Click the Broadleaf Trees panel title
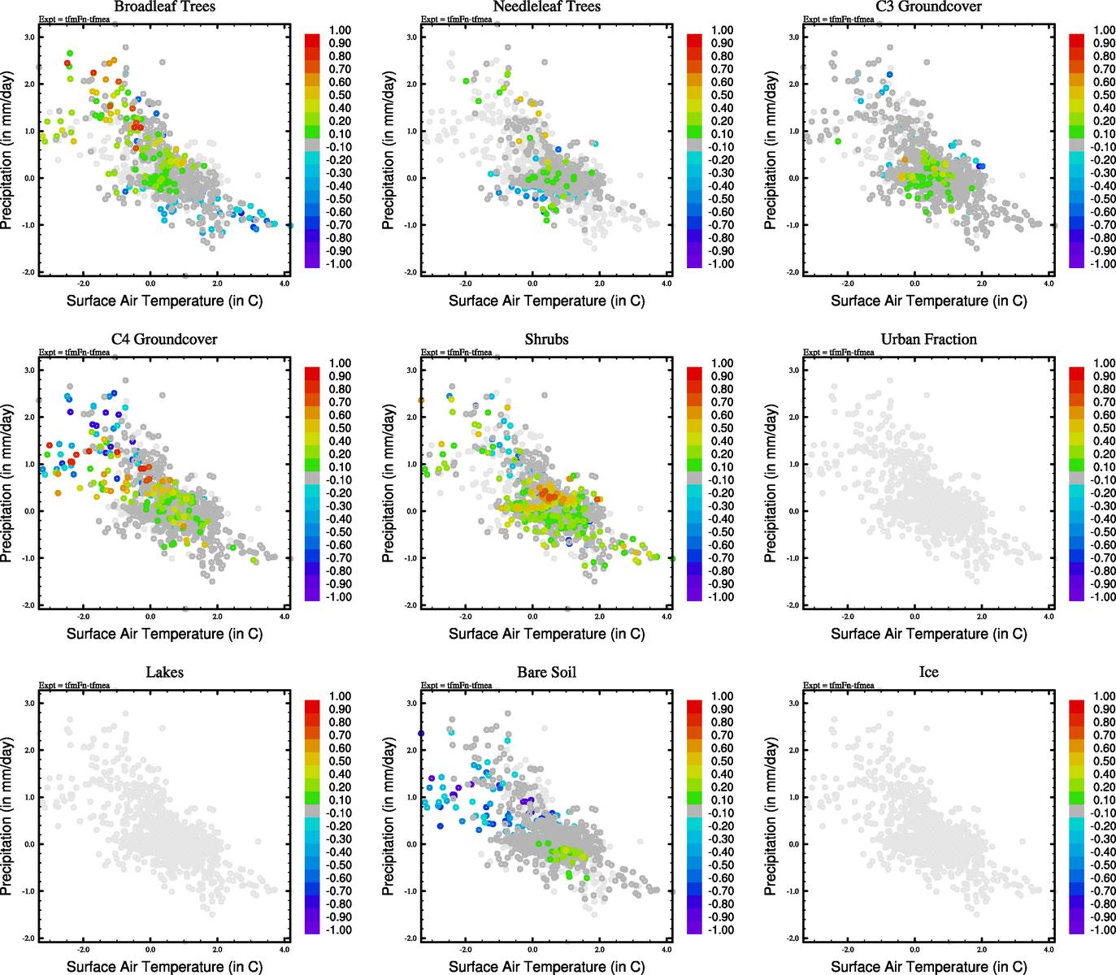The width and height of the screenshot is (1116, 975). tap(164, 7)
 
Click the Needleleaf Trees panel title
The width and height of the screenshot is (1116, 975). tap(546, 7)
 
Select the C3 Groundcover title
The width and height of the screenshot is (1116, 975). tap(928, 7)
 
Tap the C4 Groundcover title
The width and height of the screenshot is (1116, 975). tap(164, 340)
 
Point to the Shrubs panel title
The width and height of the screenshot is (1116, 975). tap(546, 340)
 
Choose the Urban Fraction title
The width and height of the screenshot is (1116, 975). tap(928, 340)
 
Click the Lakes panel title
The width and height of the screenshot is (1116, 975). tap(164, 673)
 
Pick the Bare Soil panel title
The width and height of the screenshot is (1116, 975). tap(546, 673)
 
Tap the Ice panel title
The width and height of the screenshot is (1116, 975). tap(928, 673)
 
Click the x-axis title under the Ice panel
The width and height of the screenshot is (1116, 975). tap(928, 967)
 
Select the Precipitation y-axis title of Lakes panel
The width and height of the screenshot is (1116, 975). tap(7, 817)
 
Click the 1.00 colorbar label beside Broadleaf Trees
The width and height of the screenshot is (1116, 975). tap(340, 30)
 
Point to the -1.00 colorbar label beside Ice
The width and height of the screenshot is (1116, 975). tap(1102, 930)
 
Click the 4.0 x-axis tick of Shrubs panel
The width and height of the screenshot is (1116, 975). tap(667, 617)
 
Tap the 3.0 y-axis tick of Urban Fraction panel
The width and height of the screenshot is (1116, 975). tap(793, 370)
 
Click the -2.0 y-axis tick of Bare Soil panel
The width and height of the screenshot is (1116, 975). tap(411, 938)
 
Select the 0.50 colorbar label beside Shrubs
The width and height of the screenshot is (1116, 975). tap(723, 428)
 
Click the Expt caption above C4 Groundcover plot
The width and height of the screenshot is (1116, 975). tap(74, 353)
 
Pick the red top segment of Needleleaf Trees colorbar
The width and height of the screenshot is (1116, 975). tap(694, 40)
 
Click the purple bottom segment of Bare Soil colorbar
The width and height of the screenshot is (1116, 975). tap(694, 927)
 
